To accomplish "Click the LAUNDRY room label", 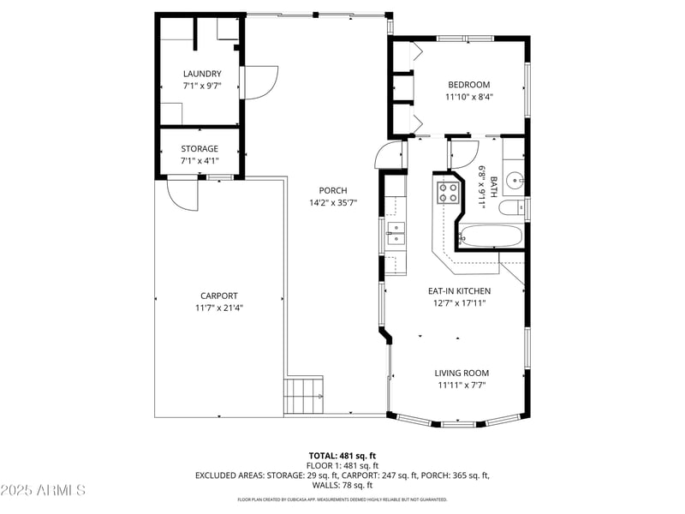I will [202, 74].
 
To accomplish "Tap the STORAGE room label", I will [199, 148].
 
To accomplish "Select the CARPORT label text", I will [219, 296].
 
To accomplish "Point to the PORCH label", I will [332, 190].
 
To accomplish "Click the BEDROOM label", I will [469, 85].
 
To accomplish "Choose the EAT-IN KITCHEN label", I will [460, 290].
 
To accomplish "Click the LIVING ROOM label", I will [462, 373].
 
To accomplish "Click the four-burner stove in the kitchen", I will [448, 192].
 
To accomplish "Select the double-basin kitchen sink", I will [396, 233].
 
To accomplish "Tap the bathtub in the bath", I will [491, 236].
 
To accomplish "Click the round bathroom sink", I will [513, 181].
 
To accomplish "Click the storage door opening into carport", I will [183, 192].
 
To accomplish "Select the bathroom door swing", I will [462, 152].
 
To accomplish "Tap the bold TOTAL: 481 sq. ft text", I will [342, 456].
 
